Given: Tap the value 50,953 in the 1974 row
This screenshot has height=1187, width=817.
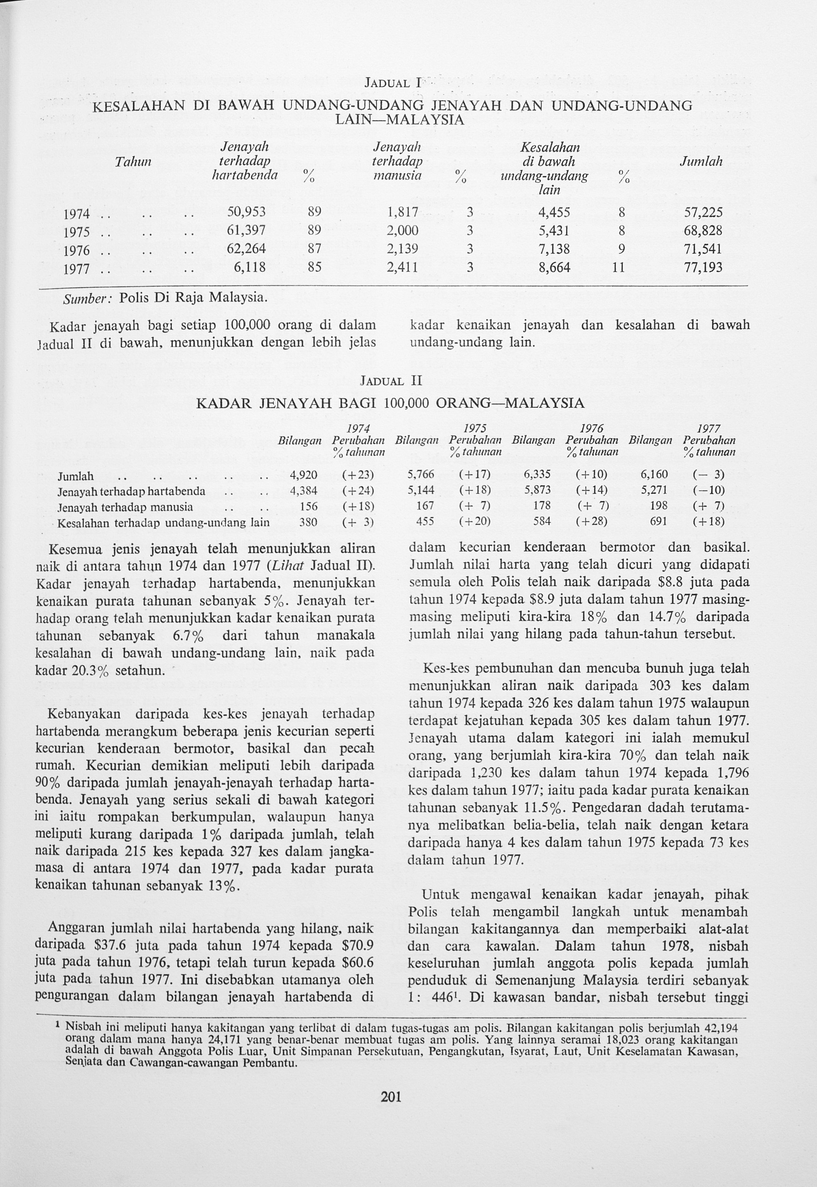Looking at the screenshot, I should click(246, 212).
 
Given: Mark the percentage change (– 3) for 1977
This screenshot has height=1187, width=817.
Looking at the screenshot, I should click(709, 475).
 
